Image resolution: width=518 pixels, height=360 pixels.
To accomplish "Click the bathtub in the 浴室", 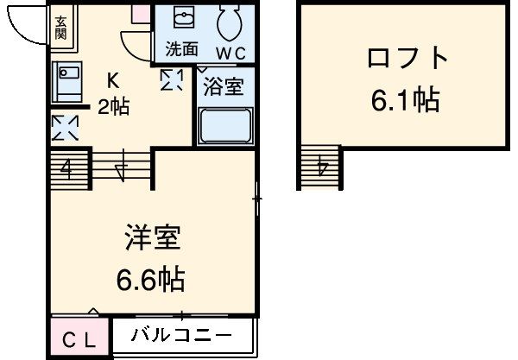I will [x=224, y=126].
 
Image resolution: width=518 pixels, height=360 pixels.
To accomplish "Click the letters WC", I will [x=230, y=53].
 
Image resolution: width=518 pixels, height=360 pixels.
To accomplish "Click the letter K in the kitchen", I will [x=113, y=81].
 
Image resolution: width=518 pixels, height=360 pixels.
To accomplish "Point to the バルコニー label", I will [x=180, y=336].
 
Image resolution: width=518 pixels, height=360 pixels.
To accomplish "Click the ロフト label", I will [x=407, y=60].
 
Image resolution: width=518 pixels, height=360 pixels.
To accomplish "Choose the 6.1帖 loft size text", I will [x=405, y=102].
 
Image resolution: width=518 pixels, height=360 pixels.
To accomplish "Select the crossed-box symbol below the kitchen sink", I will [x=65, y=129].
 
